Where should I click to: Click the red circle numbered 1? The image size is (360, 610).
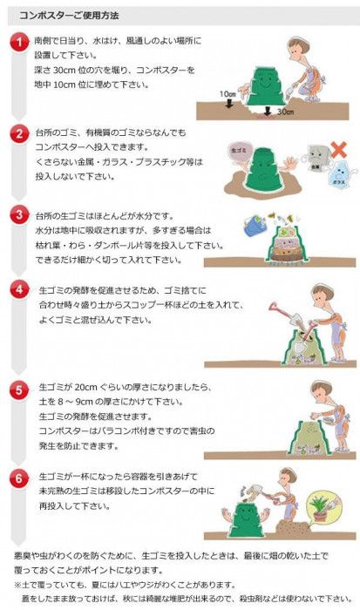click(19, 43)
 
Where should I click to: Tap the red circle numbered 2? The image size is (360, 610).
click(19, 132)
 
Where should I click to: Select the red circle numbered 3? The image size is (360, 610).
click(19, 213)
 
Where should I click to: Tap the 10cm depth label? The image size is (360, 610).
click(227, 93)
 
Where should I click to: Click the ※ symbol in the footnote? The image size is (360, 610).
click(17, 585)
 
